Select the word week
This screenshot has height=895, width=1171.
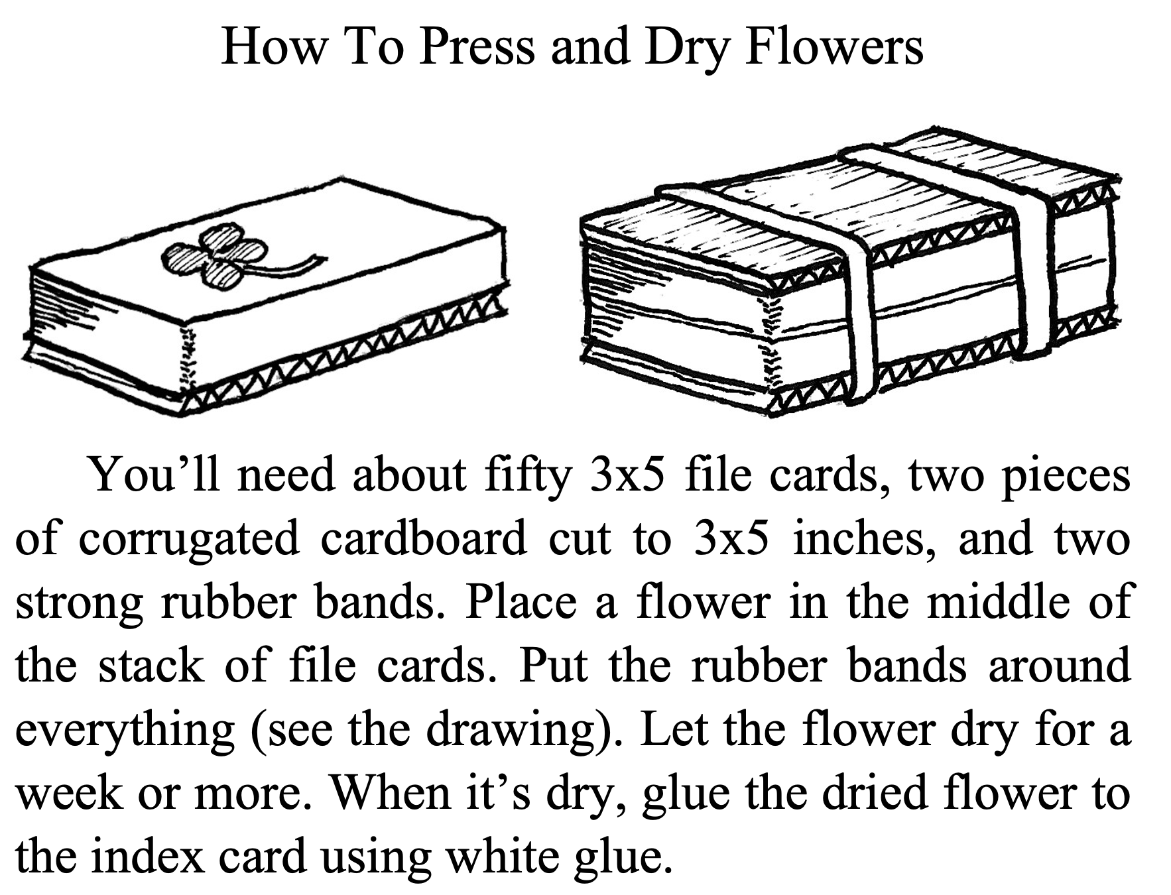click(x=69, y=792)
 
